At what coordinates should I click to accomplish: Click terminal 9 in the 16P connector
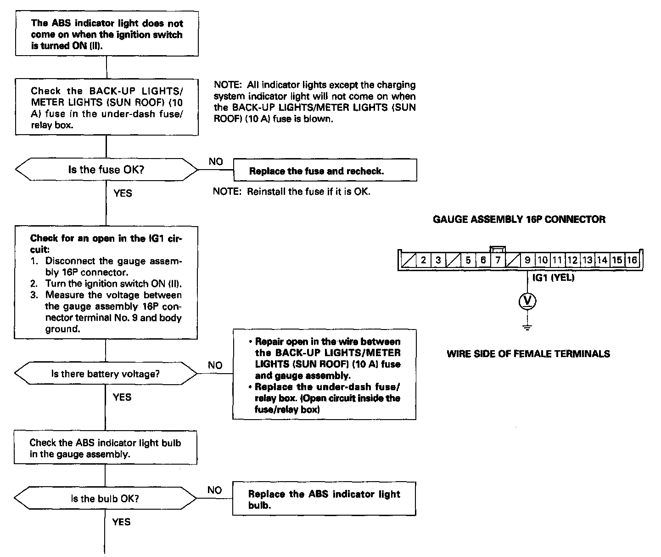pyautogui.click(x=527, y=260)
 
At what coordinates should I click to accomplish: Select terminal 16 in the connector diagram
pyautogui.click(x=632, y=260)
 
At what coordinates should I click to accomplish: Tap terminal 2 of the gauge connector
pyautogui.click(x=423, y=260)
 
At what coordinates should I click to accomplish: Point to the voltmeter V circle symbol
pyautogui.click(x=527, y=301)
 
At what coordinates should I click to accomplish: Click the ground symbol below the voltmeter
pyautogui.click(x=527, y=327)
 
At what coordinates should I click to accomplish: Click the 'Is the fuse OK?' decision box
pyautogui.click(x=106, y=170)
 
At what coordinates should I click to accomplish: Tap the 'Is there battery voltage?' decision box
pyautogui.click(x=106, y=374)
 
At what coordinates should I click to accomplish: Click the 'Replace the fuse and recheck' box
pyautogui.click(x=325, y=171)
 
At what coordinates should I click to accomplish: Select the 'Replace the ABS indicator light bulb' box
pyautogui.click(x=324, y=499)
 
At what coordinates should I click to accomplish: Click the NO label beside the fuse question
pyautogui.click(x=215, y=161)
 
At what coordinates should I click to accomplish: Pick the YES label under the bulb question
pyautogui.click(x=122, y=522)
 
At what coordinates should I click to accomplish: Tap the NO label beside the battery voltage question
pyautogui.click(x=215, y=365)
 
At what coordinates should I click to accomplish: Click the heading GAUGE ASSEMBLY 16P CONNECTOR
pyautogui.click(x=519, y=219)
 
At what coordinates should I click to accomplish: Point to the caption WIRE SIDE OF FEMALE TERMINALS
pyautogui.click(x=528, y=353)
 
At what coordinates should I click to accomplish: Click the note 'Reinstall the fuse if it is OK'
pyautogui.click(x=291, y=191)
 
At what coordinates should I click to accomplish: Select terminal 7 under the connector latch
pyautogui.click(x=498, y=260)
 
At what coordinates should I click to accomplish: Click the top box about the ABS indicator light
pyautogui.click(x=107, y=34)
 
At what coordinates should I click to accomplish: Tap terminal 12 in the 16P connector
pyautogui.click(x=572, y=260)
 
